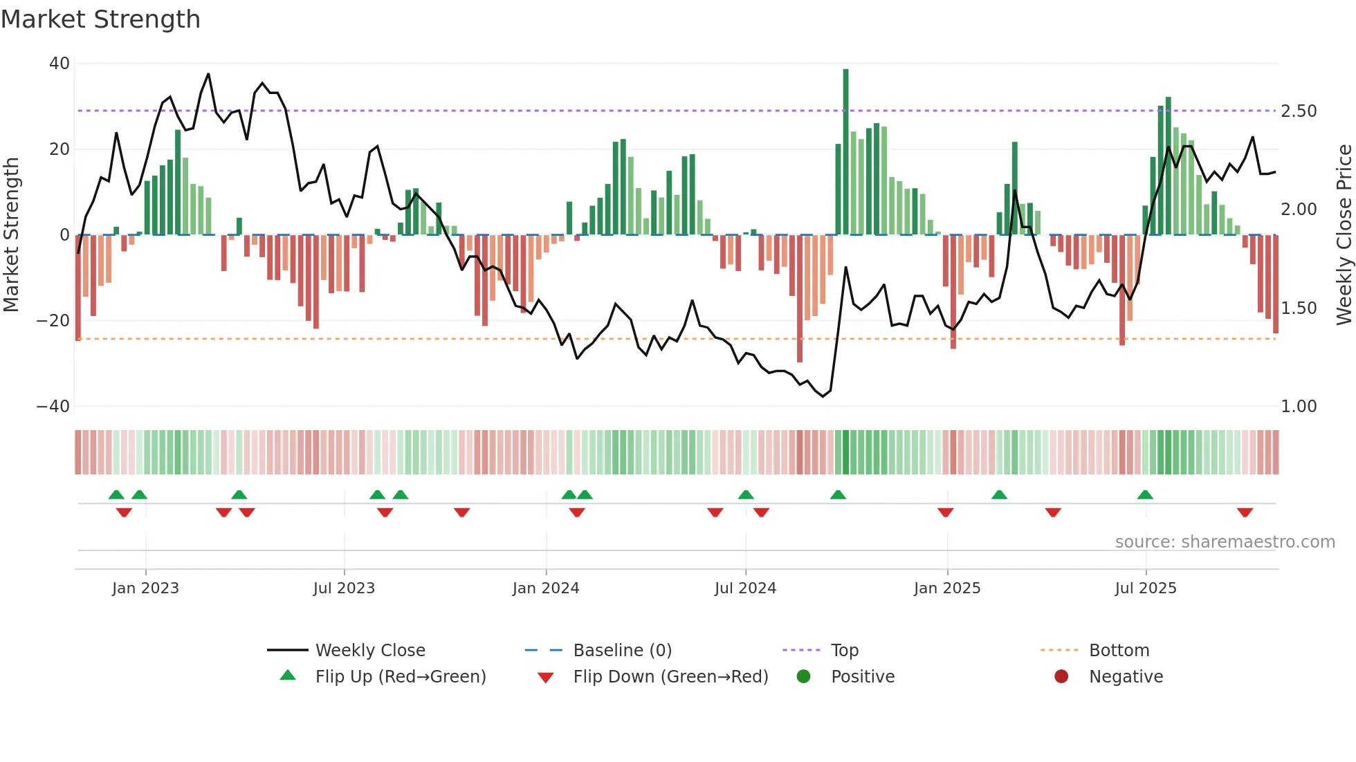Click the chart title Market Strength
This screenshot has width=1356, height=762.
[x=100, y=19]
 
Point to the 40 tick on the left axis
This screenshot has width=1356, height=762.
[x=59, y=64]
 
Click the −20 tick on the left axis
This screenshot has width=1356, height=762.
[x=53, y=321]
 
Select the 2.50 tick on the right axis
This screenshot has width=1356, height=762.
[x=1299, y=111]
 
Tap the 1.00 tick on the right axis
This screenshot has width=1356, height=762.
[x=1299, y=407]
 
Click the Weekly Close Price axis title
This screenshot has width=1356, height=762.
[x=1344, y=234]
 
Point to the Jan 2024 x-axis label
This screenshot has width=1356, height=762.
[x=545, y=588]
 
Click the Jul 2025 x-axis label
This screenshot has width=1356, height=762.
[x=1145, y=588]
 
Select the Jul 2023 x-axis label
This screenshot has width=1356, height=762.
[x=344, y=588]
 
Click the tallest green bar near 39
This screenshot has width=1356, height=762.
[x=845, y=152]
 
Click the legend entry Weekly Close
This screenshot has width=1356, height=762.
[x=369, y=651]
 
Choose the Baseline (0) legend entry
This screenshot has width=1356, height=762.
[x=622, y=651]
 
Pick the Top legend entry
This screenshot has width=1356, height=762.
[x=844, y=651]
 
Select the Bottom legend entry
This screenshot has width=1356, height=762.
[x=1119, y=651]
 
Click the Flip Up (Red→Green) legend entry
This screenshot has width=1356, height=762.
[x=400, y=677]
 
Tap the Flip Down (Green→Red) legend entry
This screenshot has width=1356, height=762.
[x=670, y=677]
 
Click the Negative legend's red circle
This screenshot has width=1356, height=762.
[x=1061, y=677]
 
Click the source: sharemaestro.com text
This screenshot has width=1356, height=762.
[x=1225, y=542]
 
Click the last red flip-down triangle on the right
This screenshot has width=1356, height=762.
[x=1245, y=512]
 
